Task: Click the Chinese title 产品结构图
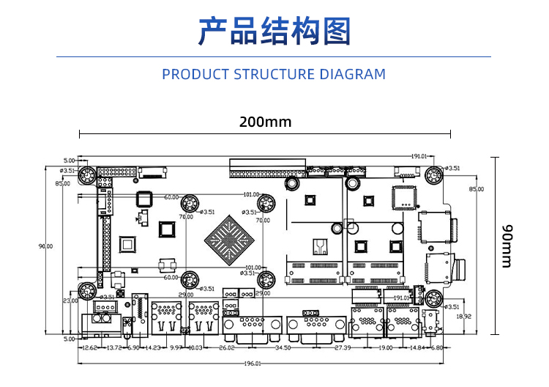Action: [x=274, y=31]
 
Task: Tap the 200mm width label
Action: [x=265, y=122]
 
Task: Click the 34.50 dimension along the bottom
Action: [x=282, y=347]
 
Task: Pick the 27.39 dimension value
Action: [x=343, y=347]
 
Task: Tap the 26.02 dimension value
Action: [x=227, y=347]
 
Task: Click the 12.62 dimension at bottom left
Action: [x=90, y=347]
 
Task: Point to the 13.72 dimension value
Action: [x=114, y=347]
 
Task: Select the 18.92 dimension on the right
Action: [x=464, y=317]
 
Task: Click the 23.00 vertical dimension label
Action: [x=70, y=301]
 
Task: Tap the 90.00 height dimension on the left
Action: [x=45, y=246]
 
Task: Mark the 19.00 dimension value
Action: [x=385, y=347]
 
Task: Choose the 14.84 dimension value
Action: [x=418, y=347]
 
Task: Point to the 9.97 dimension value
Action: [x=176, y=347]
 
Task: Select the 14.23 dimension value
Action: [x=153, y=347]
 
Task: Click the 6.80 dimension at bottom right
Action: [x=437, y=347]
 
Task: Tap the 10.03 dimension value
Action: [x=195, y=347]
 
